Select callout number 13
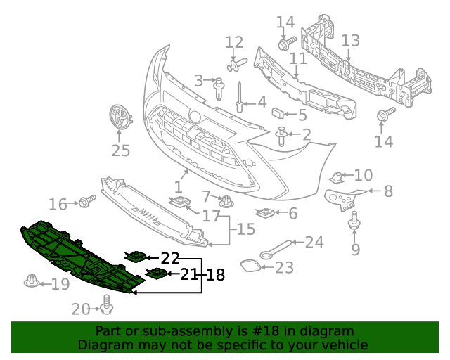pyautogui.click(x=350, y=40)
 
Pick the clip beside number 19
pyautogui.click(x=31, y=283)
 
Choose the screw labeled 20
pyautogui.click(x=107, y=306)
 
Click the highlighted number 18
pyautogui.click(x=215, y=275)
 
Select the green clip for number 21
pyautogui.click(x=155, y=273)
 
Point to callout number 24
pyautogui.click(x=314, y=243)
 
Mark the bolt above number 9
pyautogui.click(x=354, y=226)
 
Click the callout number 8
pyautogui.click(x=387, y=191)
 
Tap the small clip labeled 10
pyautogui.click(x=338, y=176)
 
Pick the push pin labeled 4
pyautogui.click(x=240, y=100)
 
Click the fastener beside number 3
pyautogui.click(x=219, y=88)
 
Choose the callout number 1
pyautogui.click(x=178, y=188)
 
